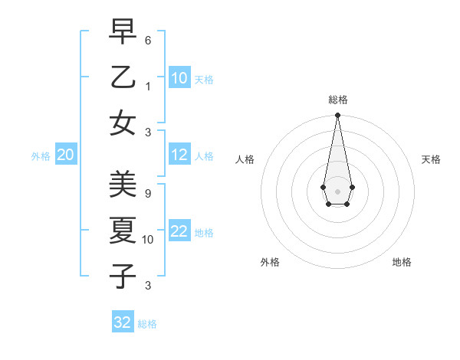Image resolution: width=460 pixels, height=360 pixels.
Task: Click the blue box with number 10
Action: coord(179,78)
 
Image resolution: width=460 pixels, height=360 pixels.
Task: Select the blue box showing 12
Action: coord(179,155)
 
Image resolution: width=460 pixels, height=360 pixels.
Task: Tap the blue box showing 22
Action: coord(179,231)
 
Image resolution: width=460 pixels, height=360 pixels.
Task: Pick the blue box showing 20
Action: coord(66,155)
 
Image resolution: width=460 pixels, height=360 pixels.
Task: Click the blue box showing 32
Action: coord(123,322)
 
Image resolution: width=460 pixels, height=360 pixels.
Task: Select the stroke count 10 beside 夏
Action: coord(148,240)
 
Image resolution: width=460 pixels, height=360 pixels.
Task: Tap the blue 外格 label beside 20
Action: coord(41,155)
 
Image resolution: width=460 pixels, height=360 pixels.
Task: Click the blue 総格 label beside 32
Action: coord(147,324)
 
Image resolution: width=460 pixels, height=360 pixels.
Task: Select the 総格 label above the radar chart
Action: coord(338,100)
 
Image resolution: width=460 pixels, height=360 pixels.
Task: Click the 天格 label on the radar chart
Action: coord(431,159)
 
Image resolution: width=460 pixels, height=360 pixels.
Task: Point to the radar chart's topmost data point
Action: coord(337,116)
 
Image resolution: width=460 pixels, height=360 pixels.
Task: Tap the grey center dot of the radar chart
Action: coord(337,191)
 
